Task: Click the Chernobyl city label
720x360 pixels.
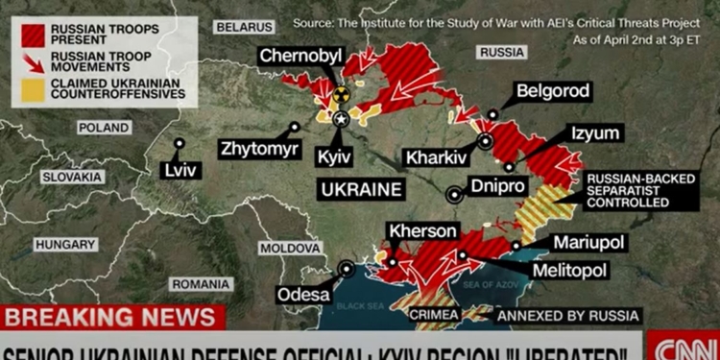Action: tap(300, 57)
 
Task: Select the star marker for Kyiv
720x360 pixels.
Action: tap(341, 119)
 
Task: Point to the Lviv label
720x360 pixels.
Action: tap(180, 170)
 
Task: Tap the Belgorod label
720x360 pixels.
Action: tap(553, 91)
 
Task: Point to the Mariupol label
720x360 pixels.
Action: tap(588, 242)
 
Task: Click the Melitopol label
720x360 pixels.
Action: tap(569, 271)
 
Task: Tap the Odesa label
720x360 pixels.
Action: tap(304, 295)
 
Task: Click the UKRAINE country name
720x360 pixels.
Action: tap(360, 188)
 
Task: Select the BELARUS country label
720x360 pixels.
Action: tap(245, 27)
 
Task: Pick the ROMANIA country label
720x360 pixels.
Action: tap(201, 284)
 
